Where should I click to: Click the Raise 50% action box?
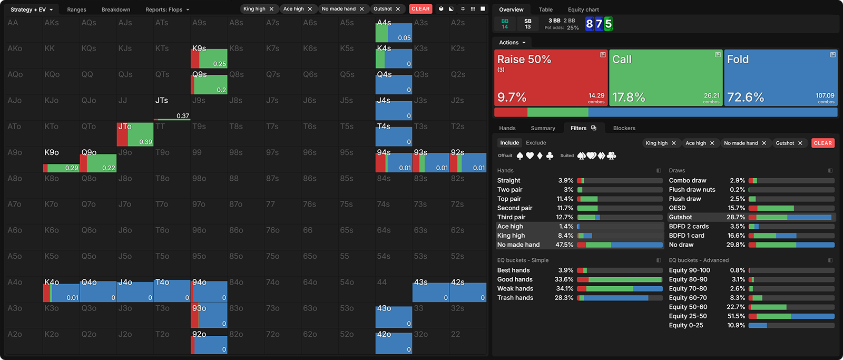(551, 77)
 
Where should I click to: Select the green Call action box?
(665, 77)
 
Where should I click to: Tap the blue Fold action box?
(780, 77)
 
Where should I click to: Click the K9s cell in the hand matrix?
(209, 56)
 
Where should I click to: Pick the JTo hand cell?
(135, 134)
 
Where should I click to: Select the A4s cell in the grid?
(394, 30)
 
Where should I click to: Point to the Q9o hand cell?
(99, 160)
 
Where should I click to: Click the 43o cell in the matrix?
(394, 316)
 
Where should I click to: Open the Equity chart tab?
(583, 9)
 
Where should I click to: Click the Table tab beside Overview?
(545, 9)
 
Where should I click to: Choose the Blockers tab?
(624, 128)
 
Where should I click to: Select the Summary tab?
(543, 128)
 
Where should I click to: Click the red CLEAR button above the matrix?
(420, 9)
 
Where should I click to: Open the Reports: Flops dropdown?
(167, 9)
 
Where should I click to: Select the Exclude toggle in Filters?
(536, 143)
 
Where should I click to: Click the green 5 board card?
(608, 24)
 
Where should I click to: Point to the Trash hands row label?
(515, 298)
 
